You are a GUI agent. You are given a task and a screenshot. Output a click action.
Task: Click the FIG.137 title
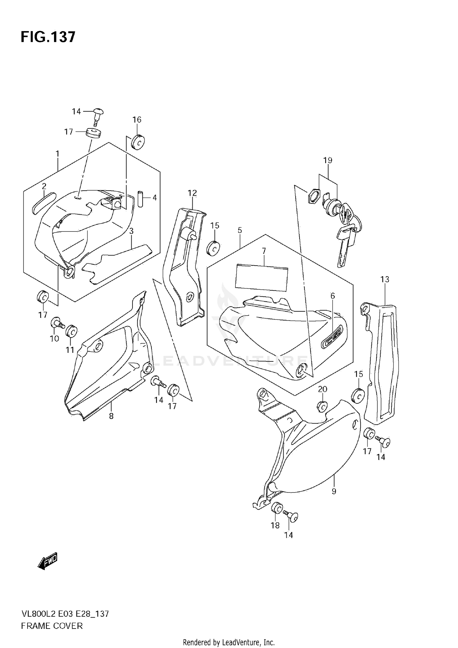48,37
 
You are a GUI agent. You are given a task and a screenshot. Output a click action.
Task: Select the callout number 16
137,120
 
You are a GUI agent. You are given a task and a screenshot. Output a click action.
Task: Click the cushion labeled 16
138,142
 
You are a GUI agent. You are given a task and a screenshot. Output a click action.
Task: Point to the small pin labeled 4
140,199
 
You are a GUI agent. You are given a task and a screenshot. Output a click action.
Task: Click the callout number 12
192,193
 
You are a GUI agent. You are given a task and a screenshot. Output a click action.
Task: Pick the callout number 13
385,279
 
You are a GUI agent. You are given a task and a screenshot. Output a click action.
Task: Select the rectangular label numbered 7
262,277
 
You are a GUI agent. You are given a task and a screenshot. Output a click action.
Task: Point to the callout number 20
322,389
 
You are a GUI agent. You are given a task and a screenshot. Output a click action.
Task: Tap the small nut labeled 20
322,406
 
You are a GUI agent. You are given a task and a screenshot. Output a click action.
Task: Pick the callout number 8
111,416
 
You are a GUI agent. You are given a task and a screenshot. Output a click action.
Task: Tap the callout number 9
334,491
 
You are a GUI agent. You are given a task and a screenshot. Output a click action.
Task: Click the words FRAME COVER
52,626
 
